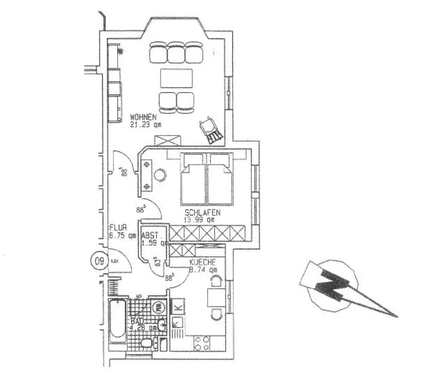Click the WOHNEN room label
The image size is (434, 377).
[142, 117]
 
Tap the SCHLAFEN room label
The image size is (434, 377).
[203, 212]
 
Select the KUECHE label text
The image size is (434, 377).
[203, 262]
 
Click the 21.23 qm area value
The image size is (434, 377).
[145, 124]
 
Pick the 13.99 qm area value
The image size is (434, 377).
[199, 220]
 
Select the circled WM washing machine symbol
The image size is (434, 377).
[159, 307]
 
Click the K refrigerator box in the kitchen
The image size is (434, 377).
[177, 307]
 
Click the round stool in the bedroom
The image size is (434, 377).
[160, 175]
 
